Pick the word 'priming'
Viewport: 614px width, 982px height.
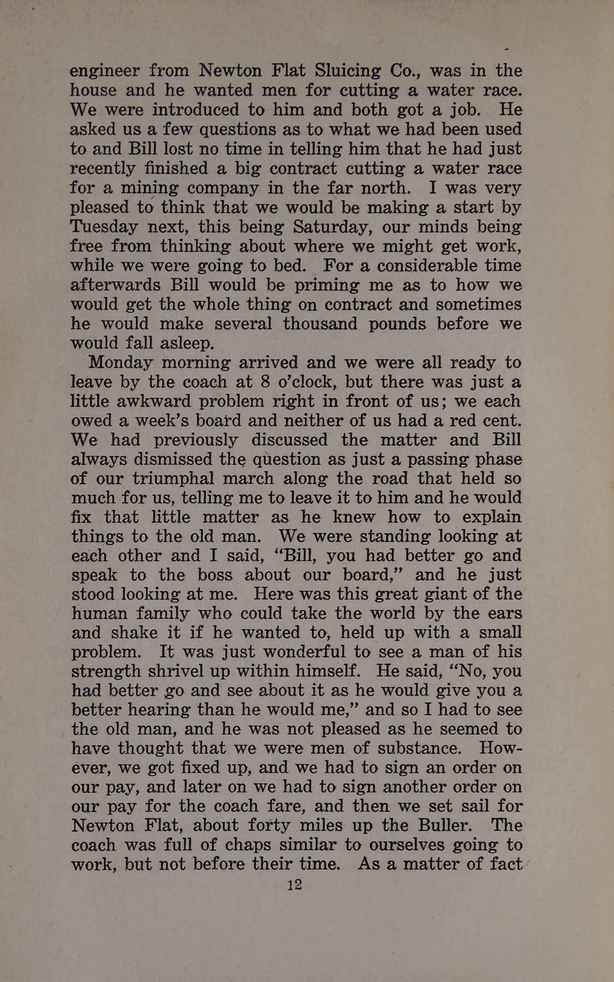coord(327,285)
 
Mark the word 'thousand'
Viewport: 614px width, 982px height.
coord(320,324)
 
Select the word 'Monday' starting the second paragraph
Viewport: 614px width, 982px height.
coord(120,363)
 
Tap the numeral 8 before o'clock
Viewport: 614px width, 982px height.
coord(265,382)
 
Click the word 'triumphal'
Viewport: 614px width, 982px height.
coord(173,478)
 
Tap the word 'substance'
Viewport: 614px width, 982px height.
coord(419,748)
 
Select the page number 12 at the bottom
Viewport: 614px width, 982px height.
coord(294,884)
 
